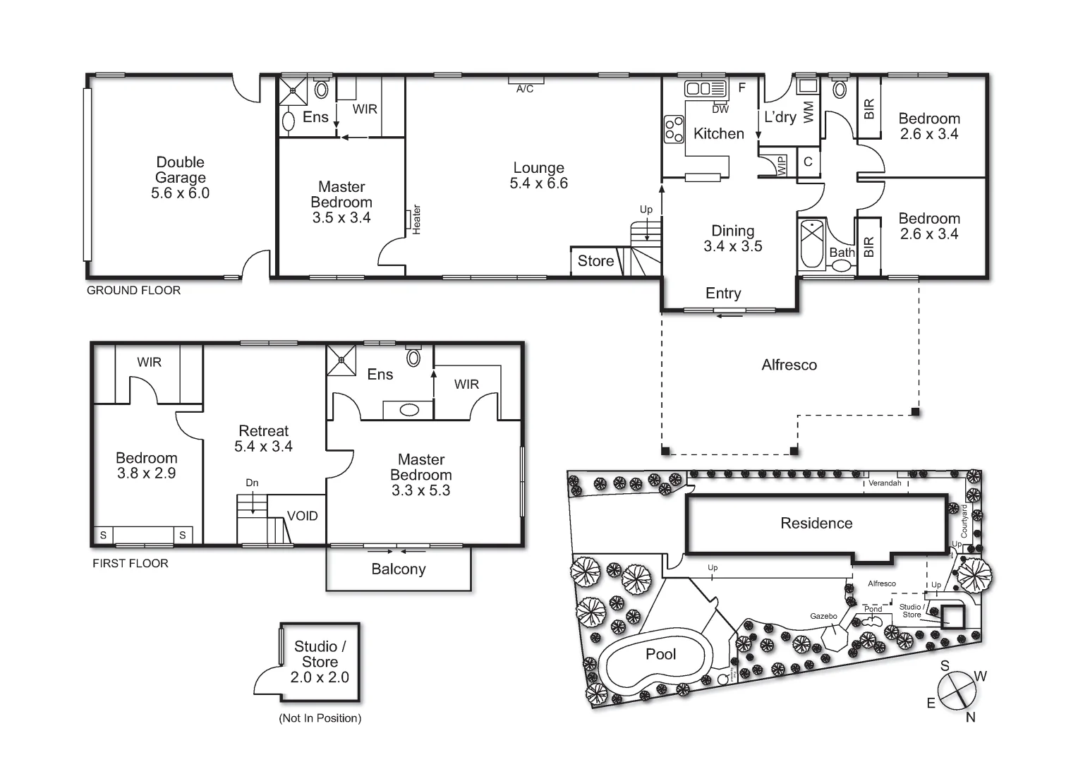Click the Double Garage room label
click(180, 178)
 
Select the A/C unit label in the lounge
click(525, 89)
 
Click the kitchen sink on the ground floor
click(705, 88)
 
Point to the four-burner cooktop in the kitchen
click(674, 129)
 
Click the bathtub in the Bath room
click(813, 244)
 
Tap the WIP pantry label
click(782, 166)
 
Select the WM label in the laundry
click(808, 111)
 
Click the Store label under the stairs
click(595, 261)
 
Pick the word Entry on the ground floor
click(723, 294)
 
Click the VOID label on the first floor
click(303, 516)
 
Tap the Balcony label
click(399, 569)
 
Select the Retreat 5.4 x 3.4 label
click(264, 438)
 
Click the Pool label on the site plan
click(660, 654)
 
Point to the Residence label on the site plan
click(816, 523)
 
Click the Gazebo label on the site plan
click(823, 616)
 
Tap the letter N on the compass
click(971, 717)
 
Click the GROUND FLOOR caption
click(133, 290)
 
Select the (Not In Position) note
click(320, 718)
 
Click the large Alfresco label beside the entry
click(789, 365)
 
